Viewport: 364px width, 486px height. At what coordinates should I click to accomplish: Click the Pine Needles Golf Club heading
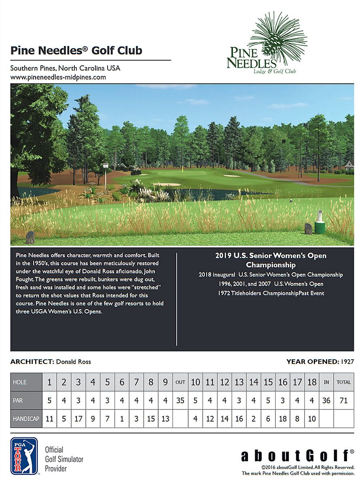76,51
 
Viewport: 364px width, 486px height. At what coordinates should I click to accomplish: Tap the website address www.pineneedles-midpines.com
58,77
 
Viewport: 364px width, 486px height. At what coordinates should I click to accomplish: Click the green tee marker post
320,224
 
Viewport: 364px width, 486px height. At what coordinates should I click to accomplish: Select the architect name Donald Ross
73,362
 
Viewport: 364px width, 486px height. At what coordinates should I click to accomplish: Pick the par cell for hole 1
50,401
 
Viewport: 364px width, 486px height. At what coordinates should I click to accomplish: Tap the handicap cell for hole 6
122,419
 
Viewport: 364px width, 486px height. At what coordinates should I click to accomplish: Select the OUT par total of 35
180,401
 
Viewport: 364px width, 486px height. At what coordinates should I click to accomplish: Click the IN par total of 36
326,401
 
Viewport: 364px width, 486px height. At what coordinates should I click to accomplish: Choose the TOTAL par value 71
344,401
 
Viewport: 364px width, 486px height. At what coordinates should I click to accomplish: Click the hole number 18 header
311,382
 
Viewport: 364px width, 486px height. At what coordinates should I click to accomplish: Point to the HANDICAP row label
26,419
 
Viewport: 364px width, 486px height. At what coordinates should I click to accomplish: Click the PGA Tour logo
24,456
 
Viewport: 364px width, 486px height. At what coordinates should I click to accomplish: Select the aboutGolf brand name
295,456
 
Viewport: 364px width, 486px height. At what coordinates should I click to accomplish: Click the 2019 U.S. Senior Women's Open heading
271,260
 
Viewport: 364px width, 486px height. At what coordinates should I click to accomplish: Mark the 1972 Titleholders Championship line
271,293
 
